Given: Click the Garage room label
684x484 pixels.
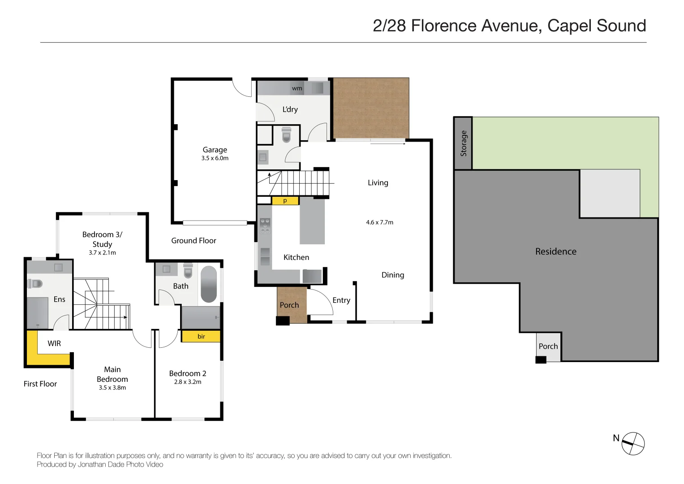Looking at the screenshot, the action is (x=215, y=150).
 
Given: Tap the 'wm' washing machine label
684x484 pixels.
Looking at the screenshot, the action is (x=297, y=89).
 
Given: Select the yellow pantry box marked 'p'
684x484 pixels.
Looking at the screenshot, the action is (x=285, y=201).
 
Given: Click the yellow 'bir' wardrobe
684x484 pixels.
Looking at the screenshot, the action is (x=201, y=337).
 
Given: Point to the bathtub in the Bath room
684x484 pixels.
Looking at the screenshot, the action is (x=209, y=284).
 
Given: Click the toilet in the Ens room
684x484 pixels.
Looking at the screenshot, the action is (x=35, y=284).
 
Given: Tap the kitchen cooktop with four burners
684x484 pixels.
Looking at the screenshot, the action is (x=265, y=226).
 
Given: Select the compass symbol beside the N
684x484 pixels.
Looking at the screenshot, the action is (x=633, y=443).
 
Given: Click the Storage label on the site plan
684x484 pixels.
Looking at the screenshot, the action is (x=463, y=143).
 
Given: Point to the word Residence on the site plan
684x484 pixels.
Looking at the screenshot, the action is (x=556, y=251).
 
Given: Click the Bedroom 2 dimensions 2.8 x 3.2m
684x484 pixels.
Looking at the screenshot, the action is (x=188, y=382).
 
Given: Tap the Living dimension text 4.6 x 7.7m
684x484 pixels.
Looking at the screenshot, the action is (x=379, y=222).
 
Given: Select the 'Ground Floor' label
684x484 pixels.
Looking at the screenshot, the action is (x=194, y=241).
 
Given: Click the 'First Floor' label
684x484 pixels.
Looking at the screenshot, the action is (x=40, y=384).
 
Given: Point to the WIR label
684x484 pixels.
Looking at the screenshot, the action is (x=54, y=343).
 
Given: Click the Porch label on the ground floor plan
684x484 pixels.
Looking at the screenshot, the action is (x=289, y=305).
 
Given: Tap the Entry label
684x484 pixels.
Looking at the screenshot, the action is (x=341, y=300).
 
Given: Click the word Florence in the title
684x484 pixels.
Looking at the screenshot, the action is (x=444, y=26).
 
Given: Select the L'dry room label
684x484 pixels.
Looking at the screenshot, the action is (x=290, y=109).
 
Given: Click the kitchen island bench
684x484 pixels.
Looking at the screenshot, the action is (x=312, y=220).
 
